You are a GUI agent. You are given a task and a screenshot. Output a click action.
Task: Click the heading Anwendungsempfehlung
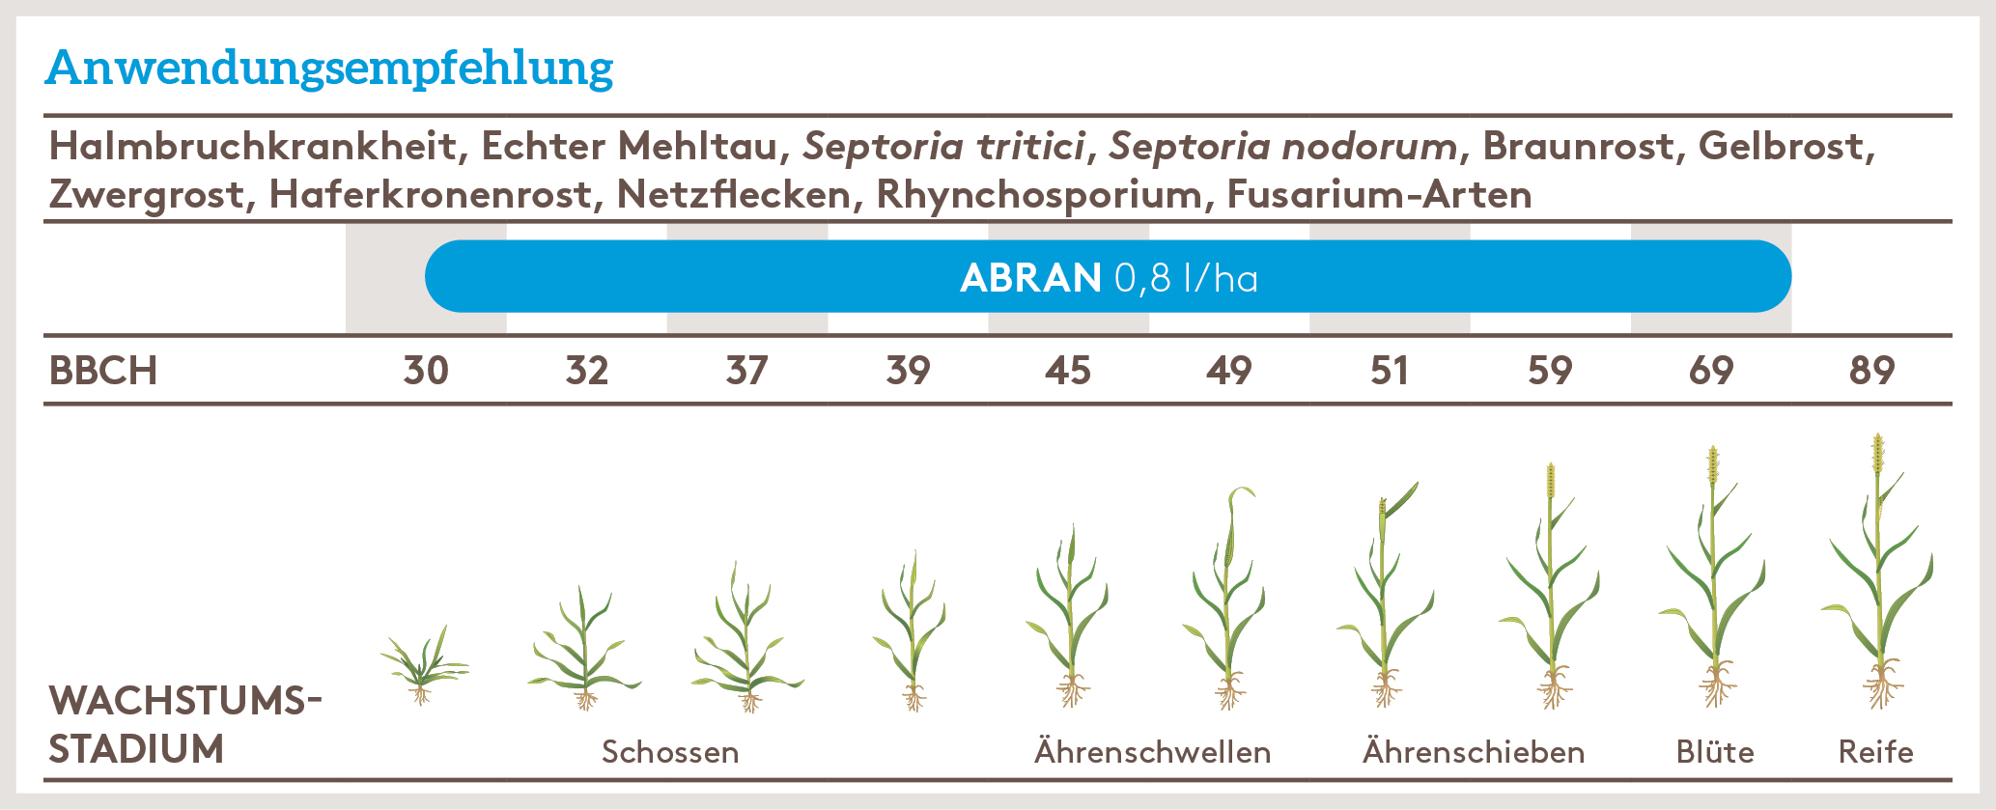pyautogui.click(x=329, y=69)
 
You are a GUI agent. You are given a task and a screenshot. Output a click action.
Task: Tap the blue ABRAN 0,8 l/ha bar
pyautogui.click(x=1108, y=277)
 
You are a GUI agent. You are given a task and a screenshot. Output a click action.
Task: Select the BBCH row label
pyautogui.click(x=103, y=371)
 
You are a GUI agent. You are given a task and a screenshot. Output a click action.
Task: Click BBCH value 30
pyautogui.click(x=426, y=371)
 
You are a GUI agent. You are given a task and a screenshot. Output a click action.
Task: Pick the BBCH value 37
pyautogui.click(x=746, y=371)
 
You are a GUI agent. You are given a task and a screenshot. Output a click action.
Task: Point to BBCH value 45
pyautogui.click(x=1068, y=371)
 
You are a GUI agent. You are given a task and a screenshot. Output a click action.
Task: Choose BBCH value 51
pyautogui.click(x=1389, y=371)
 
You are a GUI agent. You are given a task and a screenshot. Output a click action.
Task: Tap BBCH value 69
pyautogui.click(x=1710, y=371)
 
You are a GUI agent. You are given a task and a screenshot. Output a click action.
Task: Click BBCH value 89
pyautogui.click(x=1871, y=371)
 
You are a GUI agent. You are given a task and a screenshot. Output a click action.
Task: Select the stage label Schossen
pyautogui.click(x=670, y=752)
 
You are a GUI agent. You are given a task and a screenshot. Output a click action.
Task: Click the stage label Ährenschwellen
pyautogui.click(x=1152, y=752)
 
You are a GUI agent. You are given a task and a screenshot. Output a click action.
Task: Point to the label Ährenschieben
pyautogui.click(x=1474, y=752)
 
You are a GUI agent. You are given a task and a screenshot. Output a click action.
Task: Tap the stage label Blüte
pyautogui.click(x=1715, y=752)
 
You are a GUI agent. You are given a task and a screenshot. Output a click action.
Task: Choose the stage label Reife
pyautogui.click(x=1875, y=752)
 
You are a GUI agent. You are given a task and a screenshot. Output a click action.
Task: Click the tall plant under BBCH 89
pyautogui.click(x=1878, y=579)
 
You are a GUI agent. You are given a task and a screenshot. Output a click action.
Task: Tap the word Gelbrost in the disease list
pyautogui.click(x=1785, y=147)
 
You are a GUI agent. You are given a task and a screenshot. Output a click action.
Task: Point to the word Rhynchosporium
pyautogui.click(x=1040, y=195)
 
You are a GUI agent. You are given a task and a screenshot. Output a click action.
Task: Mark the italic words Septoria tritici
pyautogui.click(x=943, y=147)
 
